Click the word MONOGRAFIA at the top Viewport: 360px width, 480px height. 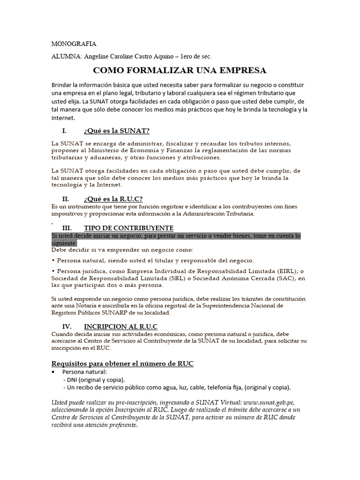74,44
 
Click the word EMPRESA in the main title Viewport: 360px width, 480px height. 240,71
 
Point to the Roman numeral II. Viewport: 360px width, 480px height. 66,199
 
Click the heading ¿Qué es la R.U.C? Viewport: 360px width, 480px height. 113,199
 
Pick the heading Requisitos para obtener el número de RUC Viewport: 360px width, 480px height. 122,364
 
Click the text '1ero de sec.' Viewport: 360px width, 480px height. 193,56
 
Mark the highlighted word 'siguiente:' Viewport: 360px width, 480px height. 64,243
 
